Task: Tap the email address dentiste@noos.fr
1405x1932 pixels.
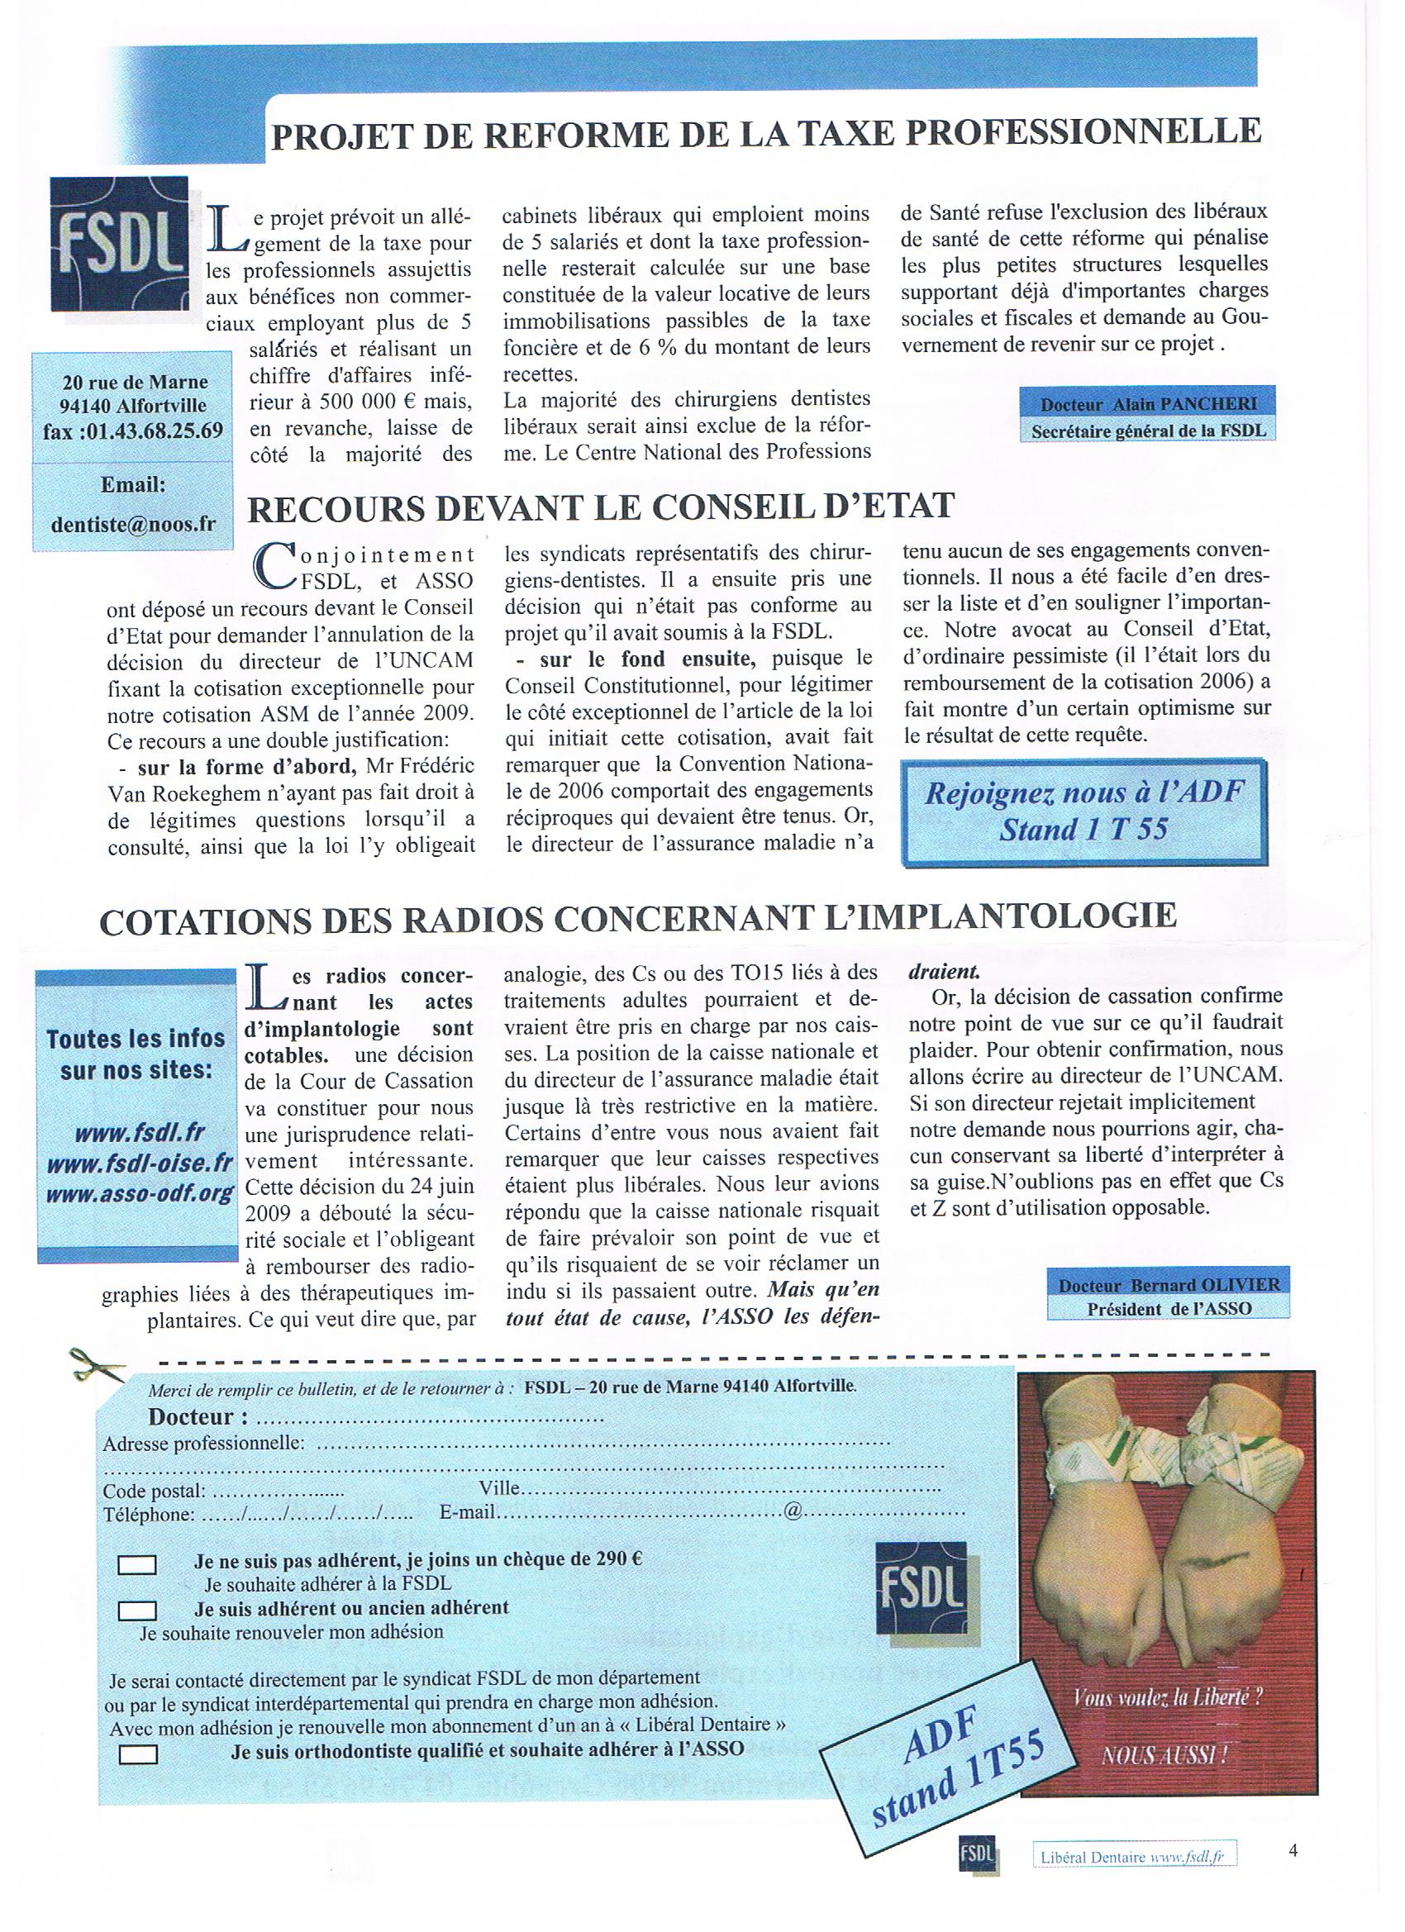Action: (133, 524)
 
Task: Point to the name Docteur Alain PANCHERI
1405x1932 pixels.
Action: (1148, 405)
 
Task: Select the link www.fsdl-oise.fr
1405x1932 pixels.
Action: (140, 1163)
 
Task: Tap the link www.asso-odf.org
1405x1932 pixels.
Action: (140, 1192)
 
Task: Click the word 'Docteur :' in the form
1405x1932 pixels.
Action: (199, 1416)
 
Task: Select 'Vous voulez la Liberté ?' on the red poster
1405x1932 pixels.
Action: (1168, 1694)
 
